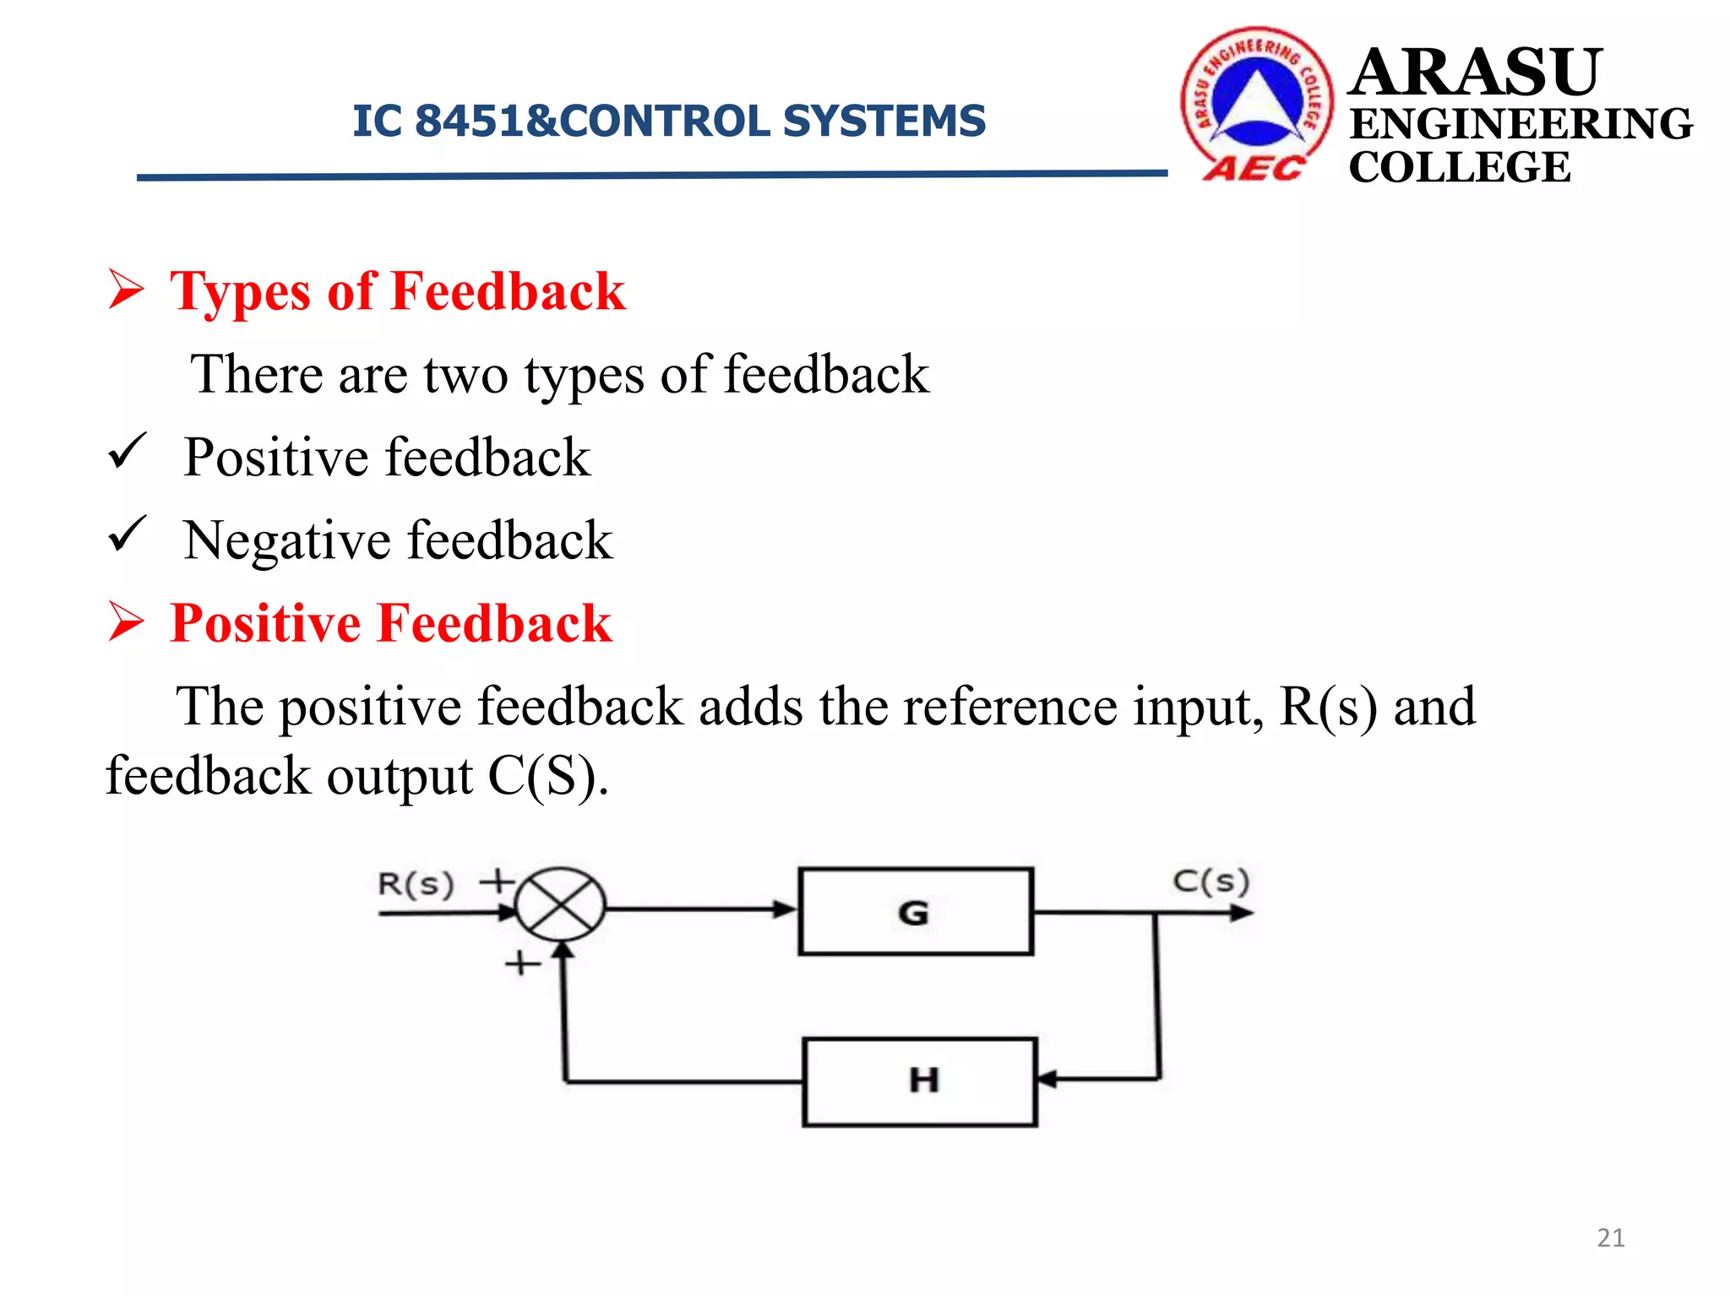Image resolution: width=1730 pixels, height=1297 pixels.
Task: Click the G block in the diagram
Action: point(915,912)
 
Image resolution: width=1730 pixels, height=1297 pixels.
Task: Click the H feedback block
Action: point(920,1082)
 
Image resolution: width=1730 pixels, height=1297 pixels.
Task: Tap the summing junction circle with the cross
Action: point(559,904)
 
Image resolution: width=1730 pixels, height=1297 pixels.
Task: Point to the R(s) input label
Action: point(416,884)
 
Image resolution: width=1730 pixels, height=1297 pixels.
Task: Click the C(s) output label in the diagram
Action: point(1210,881)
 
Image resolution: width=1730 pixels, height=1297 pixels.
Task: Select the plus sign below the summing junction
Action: point(522,963)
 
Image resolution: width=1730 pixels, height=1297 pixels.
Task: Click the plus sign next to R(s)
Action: point(497,881)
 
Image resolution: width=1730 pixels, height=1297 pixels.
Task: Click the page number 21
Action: point(1610,1238)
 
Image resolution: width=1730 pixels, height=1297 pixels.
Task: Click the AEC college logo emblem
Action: point(1257,103)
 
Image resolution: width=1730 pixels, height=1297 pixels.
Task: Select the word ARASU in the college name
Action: point(1475,73)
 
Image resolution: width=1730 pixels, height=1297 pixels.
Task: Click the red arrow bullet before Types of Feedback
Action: point(127,290)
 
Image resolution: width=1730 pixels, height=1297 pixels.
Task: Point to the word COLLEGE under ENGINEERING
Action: point(1459,167)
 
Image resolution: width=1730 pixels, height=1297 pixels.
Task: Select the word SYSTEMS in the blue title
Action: point(884,121)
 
